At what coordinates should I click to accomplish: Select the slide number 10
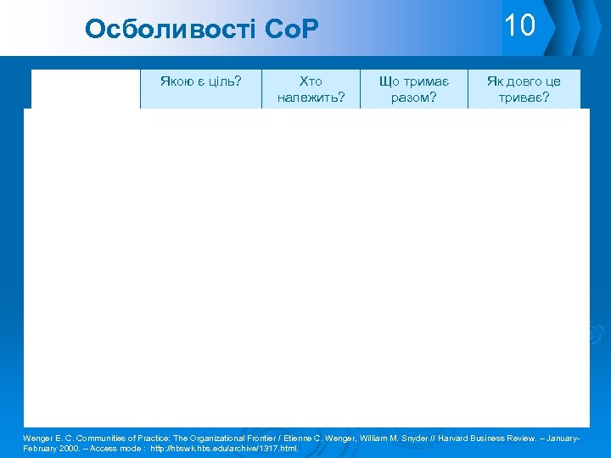(x=519, y=25)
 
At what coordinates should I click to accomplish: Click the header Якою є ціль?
(x=201, y=82)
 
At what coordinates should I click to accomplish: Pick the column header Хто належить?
(x=311, y=89)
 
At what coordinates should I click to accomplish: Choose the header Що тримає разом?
(x=413, y=89)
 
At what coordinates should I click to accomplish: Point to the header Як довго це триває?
(x=524, y=89)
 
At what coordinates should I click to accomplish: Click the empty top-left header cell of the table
(x=86, y=89)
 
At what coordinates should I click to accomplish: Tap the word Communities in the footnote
(x=101, y=438)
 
